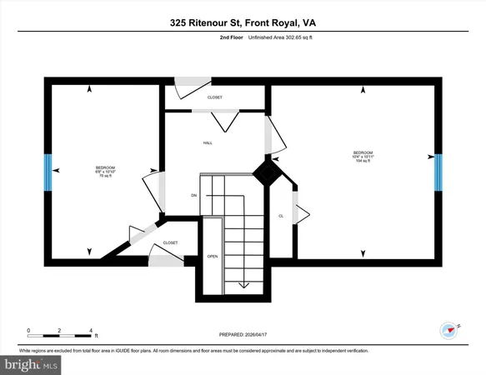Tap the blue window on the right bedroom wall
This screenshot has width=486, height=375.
tap(438, 172)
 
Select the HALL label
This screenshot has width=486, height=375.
tap(208, 142)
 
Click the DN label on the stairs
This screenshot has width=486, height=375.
tap(193, 196)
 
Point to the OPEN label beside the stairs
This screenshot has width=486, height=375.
tap(213, 256)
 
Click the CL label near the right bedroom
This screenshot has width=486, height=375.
tap(281, 217)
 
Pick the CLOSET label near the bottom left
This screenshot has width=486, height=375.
tap(170, 242)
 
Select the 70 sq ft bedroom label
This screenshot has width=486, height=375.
tap(106, 172)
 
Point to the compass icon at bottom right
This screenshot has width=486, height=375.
tap(451, 329)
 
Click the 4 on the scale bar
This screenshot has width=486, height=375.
tap(90, 330)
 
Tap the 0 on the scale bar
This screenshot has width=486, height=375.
tap(29, 330)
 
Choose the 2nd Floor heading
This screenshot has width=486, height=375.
tap(231, 37)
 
